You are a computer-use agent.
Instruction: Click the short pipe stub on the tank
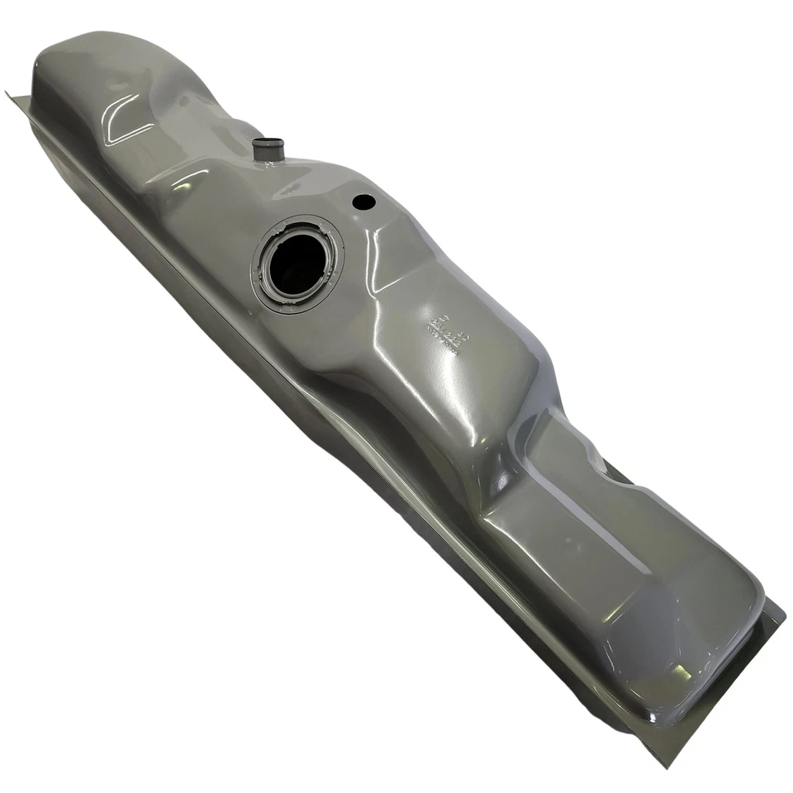[268, 152]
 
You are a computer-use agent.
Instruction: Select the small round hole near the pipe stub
[363, 201]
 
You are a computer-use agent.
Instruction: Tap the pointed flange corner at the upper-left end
[8, 93]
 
